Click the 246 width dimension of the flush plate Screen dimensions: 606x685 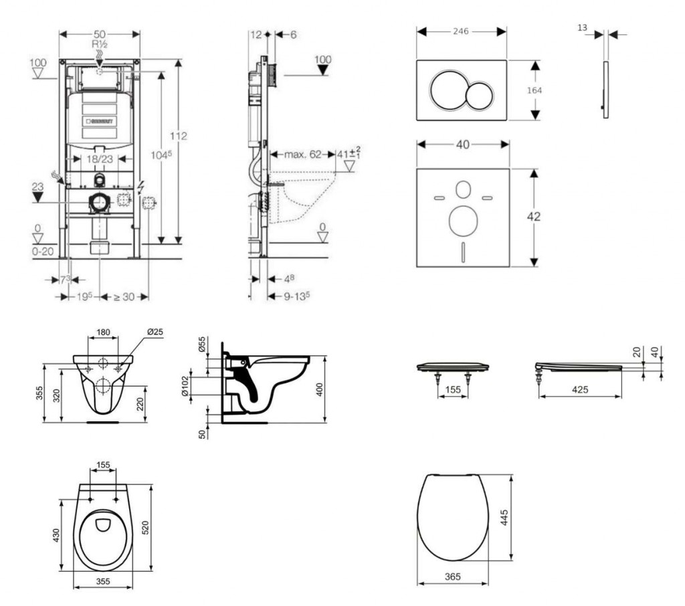tap(460, 31)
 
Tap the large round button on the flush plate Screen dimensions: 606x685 tap(449, 91)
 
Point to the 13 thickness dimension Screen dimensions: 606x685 tap(582, 27)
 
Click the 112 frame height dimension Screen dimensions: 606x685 tap(178, 136)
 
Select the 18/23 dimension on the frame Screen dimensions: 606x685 tap(99, 159)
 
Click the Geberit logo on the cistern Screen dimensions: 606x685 tap(100, 122)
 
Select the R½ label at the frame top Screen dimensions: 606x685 tap(100, 43)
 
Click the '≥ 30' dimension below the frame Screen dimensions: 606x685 tap(123, 296)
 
